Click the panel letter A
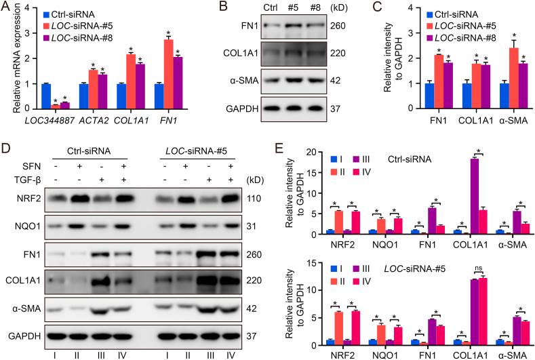[6, 8]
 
